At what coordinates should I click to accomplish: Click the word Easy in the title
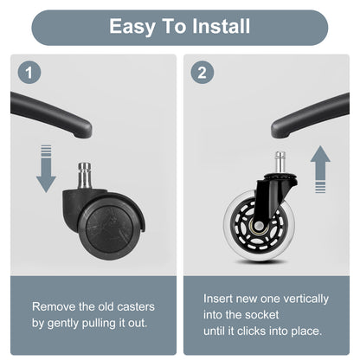tap(132, 27)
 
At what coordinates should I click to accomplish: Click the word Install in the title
tap(221, 26)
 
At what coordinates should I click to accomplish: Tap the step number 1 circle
tap(29, 72)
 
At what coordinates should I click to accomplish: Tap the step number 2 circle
tap(202, 72)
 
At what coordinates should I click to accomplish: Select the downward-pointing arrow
tap(46, 169)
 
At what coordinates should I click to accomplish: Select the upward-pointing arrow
tap(320, 170)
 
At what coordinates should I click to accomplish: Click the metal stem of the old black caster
tap(85, 175)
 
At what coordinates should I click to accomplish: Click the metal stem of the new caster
tap(280, 163)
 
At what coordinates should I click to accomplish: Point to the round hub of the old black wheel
tap(109, 225)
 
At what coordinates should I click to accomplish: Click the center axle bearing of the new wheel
tap(259, 225)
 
